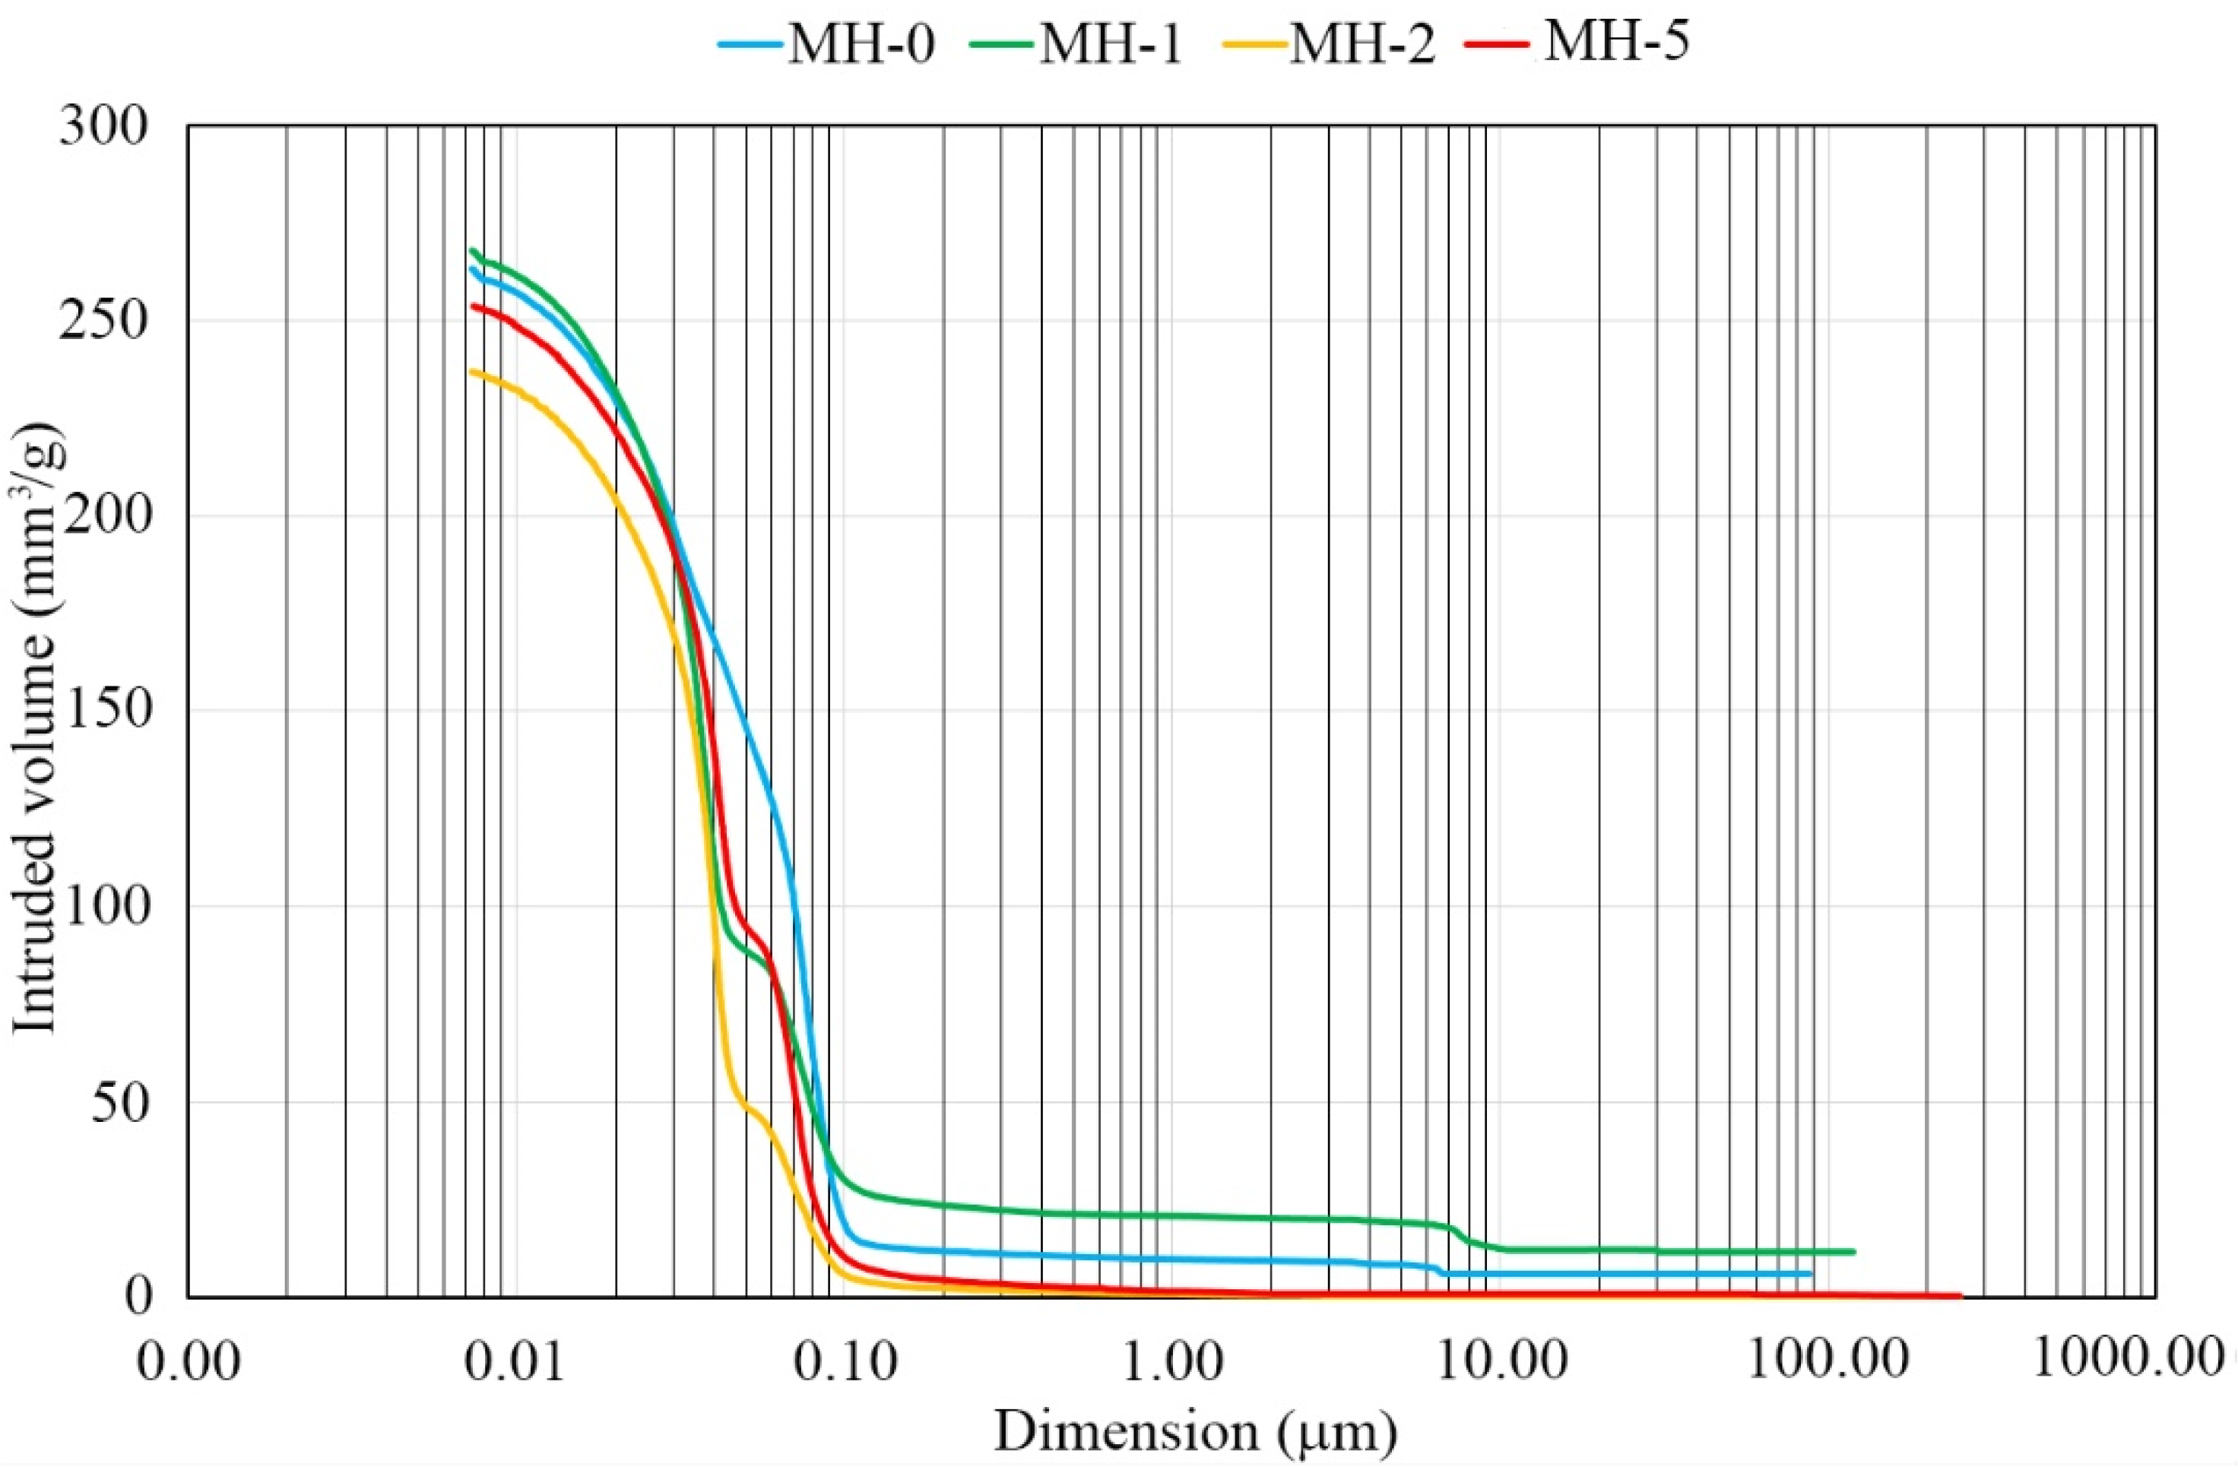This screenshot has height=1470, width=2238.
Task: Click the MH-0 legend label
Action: coord(861,43)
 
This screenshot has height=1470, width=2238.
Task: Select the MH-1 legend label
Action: coord(1111,43)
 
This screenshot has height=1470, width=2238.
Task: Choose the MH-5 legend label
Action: coord(1615,41)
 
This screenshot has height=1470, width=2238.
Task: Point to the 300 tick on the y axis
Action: coord(103,126)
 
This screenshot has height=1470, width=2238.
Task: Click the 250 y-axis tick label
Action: coord(103,322)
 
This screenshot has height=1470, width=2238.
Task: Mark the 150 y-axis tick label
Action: coord(103,711)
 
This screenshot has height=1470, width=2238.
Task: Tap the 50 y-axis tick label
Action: coord(120,1102)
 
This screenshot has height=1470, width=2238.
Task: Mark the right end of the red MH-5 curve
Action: coord(1960,1295)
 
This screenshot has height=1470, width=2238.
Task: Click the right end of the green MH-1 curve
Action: coord(1853,1251)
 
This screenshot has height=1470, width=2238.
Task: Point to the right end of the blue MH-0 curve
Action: coord(1810,1273)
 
